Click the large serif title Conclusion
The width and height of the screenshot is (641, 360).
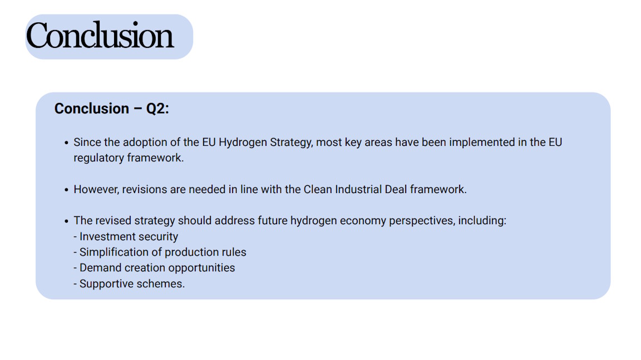100,36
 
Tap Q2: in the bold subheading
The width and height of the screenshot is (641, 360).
157,109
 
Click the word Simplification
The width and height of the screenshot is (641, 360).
114,252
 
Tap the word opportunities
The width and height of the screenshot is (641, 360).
201,268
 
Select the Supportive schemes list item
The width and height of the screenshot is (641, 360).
129,284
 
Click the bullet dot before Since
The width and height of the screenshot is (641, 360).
67,143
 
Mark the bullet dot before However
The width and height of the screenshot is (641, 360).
67,190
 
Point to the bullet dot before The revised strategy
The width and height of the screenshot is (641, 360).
67,221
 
